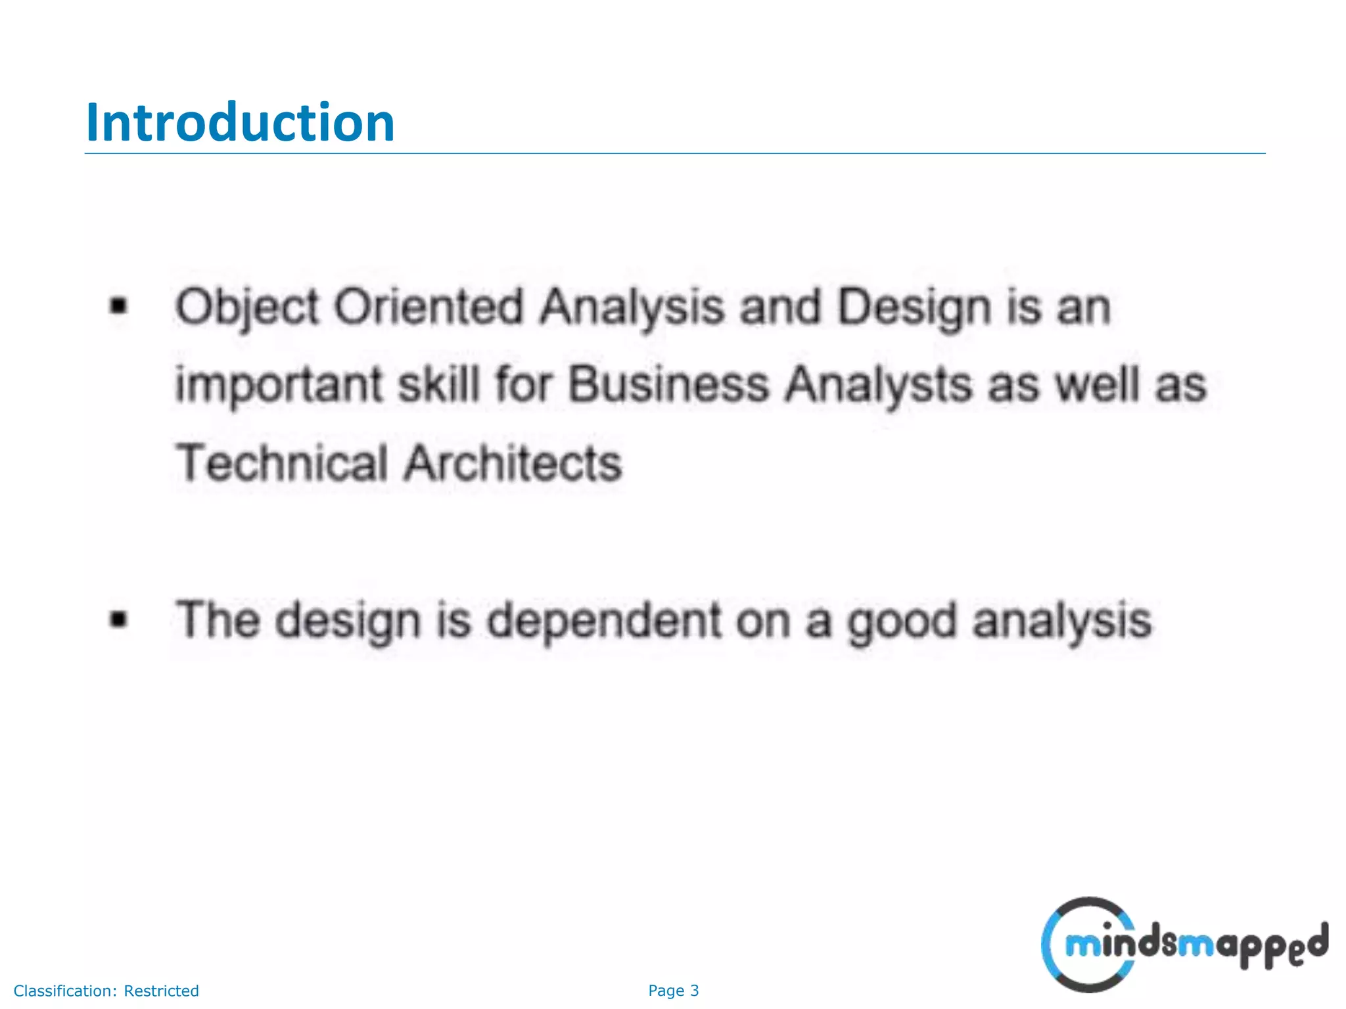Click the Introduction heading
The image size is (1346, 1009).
[x=240, y=123]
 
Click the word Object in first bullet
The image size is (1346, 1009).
[x=247, y=307]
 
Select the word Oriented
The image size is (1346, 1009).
[x=429, y=307]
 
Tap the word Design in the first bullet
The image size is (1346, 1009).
[x=914, y=307]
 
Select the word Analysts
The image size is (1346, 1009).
[x=879, y=386]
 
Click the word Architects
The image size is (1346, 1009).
[x=513, y=463]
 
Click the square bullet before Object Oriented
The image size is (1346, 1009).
[x=118, y=306]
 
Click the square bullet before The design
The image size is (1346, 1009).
[x=118, y=619]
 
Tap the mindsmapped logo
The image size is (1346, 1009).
[x=1183, y=945]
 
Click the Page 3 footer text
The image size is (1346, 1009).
[x=673, y=991]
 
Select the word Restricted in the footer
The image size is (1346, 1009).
[x=161, y=991]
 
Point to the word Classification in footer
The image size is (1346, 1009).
[x=65, y=991]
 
